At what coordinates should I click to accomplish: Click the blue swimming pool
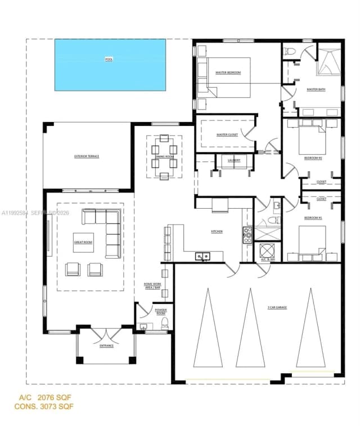(110, 65)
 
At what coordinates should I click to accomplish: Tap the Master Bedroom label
(228, 73)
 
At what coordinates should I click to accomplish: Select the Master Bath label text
(316, 89)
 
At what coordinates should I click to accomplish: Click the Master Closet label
(227, 135)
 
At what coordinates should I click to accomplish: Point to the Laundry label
(235, 160)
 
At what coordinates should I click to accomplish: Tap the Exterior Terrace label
(87, 156)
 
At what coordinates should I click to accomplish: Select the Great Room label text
(83, 242)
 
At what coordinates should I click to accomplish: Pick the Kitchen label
(217, 231)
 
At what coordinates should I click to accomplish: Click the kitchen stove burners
(247, 235)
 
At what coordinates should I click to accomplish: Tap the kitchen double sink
(202, 257)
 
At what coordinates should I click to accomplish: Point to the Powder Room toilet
(165, 323)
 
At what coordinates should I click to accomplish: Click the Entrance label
(106, 346)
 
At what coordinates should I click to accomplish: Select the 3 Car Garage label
(277, 308)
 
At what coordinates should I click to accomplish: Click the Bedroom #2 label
(313, 158)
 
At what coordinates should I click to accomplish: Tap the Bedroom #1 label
(313, 217)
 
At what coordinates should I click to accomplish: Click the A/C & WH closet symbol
(267, 250)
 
